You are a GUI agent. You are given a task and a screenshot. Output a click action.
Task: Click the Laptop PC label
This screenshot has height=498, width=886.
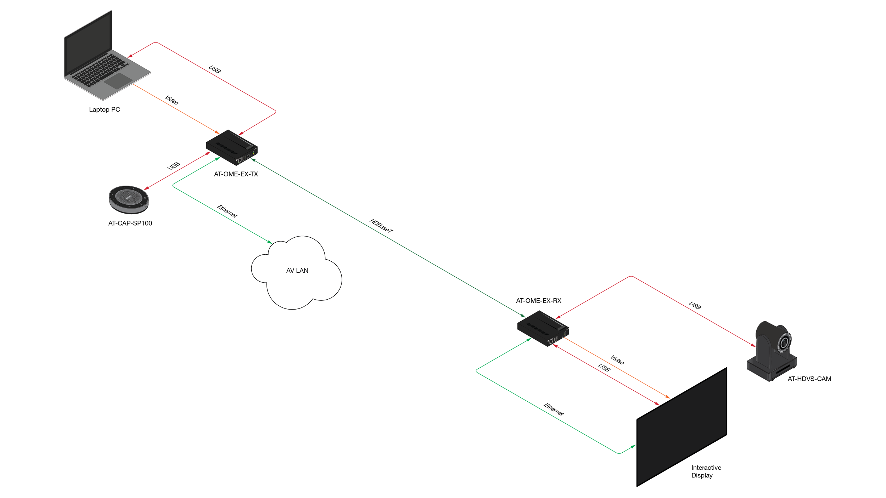104,109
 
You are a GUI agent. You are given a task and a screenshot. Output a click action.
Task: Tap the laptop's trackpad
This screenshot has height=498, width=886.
118,81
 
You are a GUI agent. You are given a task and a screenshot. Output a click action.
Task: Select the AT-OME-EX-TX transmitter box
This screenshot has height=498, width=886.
232,147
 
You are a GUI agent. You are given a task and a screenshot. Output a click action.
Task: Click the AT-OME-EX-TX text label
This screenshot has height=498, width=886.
236,174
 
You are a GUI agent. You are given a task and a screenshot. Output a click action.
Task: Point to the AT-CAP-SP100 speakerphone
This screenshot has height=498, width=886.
129,199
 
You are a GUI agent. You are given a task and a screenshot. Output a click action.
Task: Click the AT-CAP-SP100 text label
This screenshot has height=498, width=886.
130,223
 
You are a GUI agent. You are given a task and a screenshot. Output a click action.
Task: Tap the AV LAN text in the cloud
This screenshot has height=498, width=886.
297,271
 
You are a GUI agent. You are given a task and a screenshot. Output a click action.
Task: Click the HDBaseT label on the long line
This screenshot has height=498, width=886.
381,226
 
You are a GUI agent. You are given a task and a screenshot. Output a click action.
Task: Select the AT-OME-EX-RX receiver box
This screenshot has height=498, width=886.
543,328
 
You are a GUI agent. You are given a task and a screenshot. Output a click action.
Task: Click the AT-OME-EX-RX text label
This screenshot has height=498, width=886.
538,301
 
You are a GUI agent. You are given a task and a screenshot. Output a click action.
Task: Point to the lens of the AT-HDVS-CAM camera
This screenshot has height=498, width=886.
784,343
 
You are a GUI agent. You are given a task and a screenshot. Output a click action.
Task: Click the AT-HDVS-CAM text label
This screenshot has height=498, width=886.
809,379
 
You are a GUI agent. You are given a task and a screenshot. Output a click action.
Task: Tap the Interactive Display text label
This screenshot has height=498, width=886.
706,471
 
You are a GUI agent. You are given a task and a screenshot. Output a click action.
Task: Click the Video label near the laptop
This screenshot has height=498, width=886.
172,100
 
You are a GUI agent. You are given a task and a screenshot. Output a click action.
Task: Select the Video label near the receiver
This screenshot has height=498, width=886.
617,360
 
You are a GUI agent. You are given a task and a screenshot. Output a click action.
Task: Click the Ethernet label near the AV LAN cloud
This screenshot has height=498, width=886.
227,211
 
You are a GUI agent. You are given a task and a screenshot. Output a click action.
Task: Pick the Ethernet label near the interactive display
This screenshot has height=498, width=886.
554,409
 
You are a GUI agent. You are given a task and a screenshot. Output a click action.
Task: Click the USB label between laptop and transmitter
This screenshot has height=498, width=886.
215,69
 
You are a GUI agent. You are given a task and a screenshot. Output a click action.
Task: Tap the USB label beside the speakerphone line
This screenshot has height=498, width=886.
174,166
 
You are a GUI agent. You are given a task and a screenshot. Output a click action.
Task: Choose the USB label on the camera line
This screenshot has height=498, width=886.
695,305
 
